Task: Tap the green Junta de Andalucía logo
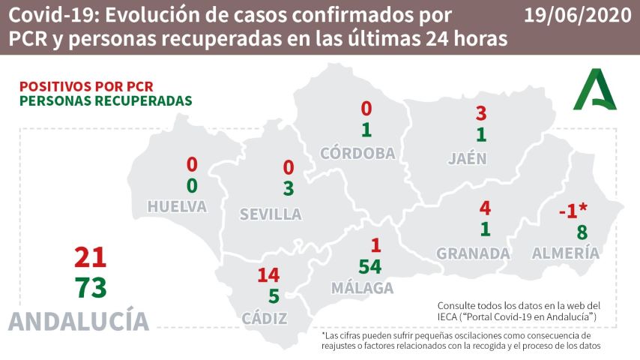(596, 89)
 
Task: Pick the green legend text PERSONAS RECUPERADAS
(106, 100)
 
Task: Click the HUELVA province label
(177, 206)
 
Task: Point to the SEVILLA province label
(271, 214)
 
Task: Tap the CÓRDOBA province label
(357, 153)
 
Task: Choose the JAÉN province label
(467, 158)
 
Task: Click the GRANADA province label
(473, 253)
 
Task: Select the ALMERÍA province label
(566, 253)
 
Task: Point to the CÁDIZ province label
(265, 318)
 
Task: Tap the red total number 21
(90, 258)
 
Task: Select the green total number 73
(90, 287)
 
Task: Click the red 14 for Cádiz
(268, 275)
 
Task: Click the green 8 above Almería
(582, 232)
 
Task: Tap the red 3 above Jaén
(482, 114)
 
